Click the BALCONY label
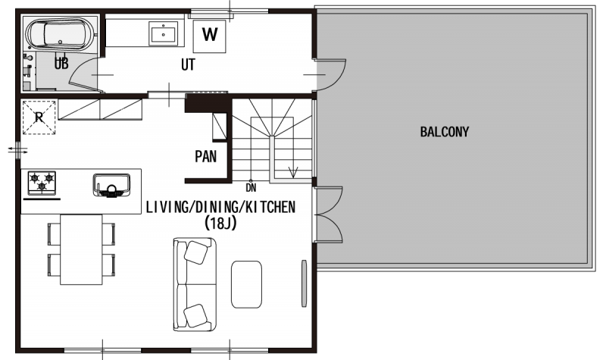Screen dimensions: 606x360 [444, 132]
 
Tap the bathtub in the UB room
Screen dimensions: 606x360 [60, 34]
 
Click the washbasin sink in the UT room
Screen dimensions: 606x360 [164, 33]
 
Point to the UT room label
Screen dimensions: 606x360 [188, 64]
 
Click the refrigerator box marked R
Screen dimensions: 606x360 [39, 117]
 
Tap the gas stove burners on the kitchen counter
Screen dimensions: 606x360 [42, 183]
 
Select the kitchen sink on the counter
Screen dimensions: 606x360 [111, 186]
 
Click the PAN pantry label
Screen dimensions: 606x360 [205, 157]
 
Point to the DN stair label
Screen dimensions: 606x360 [251, 189]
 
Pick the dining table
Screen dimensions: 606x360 [81, 250]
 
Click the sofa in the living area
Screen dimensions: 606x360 [195, 284]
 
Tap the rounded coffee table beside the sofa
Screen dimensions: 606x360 [247, 284]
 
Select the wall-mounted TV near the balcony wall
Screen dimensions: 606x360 [305, 283]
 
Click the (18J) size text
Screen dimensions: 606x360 [220, 223]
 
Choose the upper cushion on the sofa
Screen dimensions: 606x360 [196, 252]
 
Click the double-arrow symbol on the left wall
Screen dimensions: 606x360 [17, 150]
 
